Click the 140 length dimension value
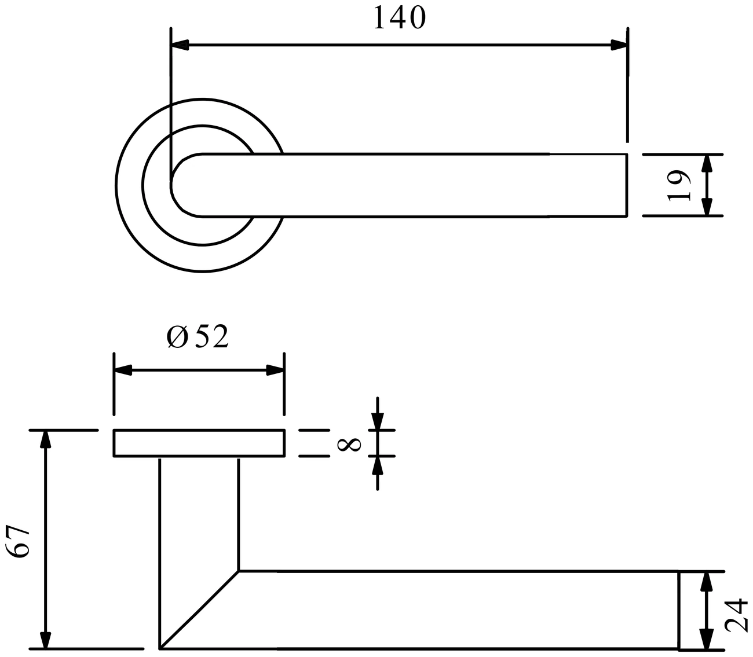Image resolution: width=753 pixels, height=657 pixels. click(x=400, y=17)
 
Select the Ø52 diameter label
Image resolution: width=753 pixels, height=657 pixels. click(x=198, y=336)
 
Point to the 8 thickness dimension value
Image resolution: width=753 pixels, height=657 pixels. click(x=349, y=444)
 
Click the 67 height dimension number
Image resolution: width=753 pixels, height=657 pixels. click(x=17, y=542)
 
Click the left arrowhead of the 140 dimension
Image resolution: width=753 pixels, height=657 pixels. click(x=180, y=45)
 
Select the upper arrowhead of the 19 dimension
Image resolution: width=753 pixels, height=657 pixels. click(x=707, y=163)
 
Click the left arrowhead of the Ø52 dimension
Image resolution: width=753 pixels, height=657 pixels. click(x=123, y=370)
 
